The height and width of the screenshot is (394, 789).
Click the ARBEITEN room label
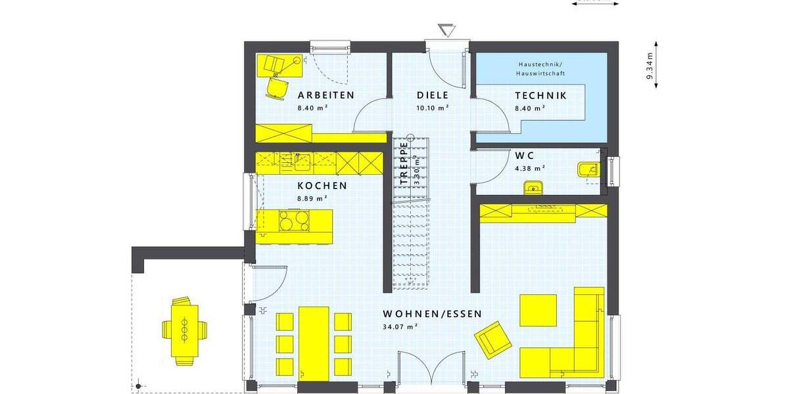click(x=326, y=95)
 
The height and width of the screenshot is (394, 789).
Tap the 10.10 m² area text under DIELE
click(x=433, y=107)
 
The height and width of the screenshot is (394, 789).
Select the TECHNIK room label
click(x=540, y=95)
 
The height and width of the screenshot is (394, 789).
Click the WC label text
click(x=525, y=156)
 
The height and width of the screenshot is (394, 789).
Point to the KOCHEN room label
click(x=322, y=186)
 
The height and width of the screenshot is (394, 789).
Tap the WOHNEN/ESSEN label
click(x=432, y=313)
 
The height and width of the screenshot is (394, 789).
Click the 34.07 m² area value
click(x=402, y=326)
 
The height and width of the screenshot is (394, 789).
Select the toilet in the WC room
click(x=587, y=171)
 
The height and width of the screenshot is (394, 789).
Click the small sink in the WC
click(x=533, y=189)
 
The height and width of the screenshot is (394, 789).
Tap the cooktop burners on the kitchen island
click(x=293, y=220)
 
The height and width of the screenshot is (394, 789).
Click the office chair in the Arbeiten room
click(x=277, y=86)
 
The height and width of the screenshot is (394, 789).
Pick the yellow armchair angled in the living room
click(x=493, y=339)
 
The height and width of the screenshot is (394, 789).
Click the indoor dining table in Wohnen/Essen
click(x=314, y=341)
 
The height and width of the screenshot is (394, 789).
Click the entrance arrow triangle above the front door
click(x=446, y=30)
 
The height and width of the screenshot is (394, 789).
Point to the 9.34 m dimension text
click(x=650, y=66)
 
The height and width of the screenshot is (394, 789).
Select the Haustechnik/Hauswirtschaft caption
click(x=541, y=69)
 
